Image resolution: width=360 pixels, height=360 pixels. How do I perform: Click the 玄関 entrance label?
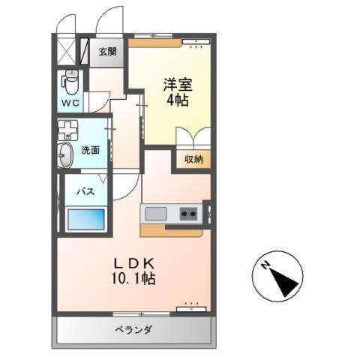[x=107, y=52]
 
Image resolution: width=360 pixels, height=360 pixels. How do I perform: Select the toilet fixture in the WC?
[x=70, y=80]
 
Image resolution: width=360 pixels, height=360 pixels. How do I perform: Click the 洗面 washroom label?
[x=91, y=150]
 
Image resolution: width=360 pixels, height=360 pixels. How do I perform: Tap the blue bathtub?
[x=85, y=220]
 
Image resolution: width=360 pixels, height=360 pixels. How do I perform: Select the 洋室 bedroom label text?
[x=175, y=83]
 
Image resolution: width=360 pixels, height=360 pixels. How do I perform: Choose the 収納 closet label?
[x=193, y=158]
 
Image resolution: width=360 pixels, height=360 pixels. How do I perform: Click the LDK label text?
[x=134, y=263]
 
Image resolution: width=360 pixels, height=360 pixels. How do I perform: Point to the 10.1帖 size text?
[x=134, y=279]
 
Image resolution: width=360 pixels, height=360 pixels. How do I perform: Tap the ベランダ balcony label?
[x=134, y=330]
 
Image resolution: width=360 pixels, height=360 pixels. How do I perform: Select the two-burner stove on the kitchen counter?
[x=187, y=214]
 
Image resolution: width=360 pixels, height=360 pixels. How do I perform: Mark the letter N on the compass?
[x=266, y=266]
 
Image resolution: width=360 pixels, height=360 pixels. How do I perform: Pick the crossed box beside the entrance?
[x=68, y=50]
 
